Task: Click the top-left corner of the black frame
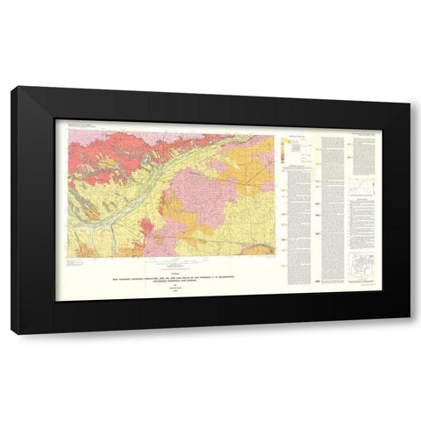[x=13, y=87]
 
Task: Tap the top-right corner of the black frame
[x=407, y=87]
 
